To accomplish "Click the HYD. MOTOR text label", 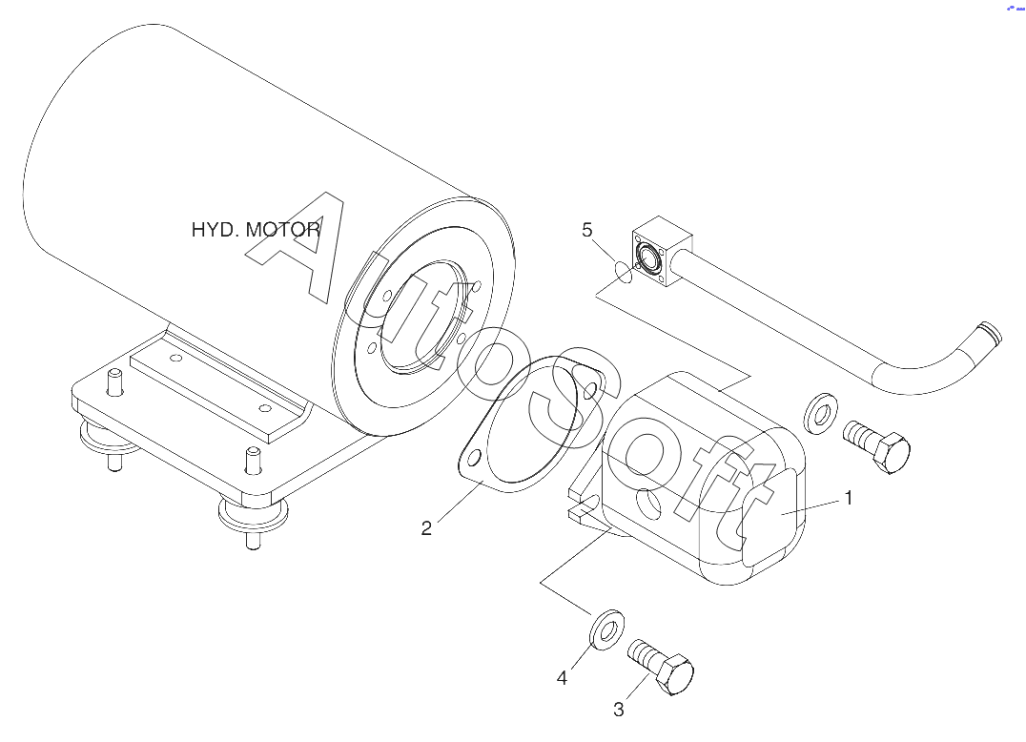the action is pos(256,230).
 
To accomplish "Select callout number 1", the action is pos(849,498).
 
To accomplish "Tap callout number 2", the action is pos(426,528).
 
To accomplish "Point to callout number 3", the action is pos(618,710).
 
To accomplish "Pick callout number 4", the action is pos(562,678).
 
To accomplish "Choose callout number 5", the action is pos(587,230).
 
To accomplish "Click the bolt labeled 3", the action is pos(661,666).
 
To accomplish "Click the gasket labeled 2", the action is pos(530,424).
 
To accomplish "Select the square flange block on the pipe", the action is pos(662,251).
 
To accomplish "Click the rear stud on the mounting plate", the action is pos(114,382).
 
